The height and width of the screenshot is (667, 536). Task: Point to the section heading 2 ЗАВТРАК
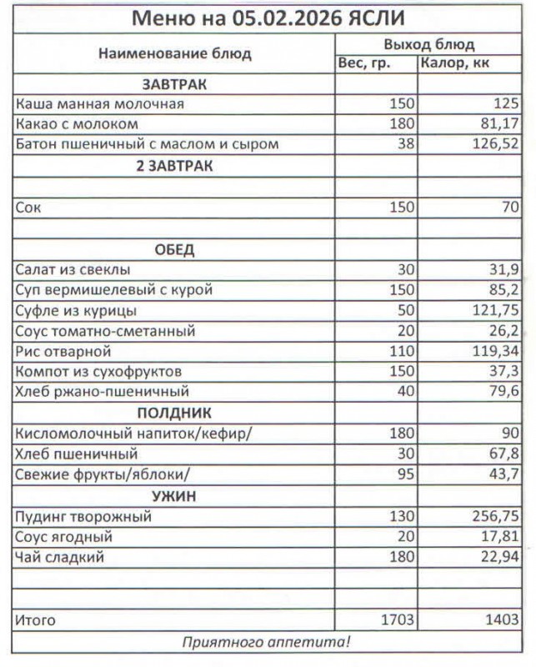(174, 166)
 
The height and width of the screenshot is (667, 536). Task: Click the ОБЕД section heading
(174, 249)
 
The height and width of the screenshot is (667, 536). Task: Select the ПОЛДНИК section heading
(174, 414)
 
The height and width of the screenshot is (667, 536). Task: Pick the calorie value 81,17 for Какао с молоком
(498, 125)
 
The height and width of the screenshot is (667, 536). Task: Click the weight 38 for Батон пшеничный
(406, 145)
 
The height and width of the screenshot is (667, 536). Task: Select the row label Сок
(28, 208)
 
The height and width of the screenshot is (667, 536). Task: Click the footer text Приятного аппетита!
(267, 642)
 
